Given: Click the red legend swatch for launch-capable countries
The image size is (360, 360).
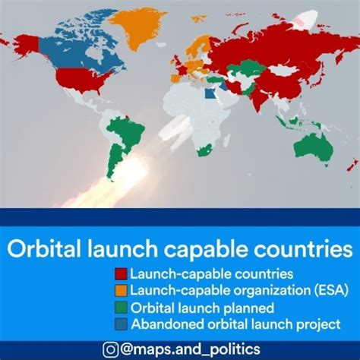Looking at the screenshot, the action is pos(121,274).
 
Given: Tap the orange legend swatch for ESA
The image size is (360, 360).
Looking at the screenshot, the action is pos(121,291).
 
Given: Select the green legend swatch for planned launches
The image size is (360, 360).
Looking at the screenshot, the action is pos(121,308).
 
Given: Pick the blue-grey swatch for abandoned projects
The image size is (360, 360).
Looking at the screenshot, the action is pos(121,324).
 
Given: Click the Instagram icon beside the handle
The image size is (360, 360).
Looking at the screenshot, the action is pos(111,349).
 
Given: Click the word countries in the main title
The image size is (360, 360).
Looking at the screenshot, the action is pos(302,249).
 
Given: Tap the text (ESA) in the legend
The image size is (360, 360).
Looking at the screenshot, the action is pos(331,291).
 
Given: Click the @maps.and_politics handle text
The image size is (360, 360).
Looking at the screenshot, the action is pos(190,349).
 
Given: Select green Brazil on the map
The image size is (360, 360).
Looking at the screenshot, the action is pos(128,131).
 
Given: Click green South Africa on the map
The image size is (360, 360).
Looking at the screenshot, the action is pos(204,150).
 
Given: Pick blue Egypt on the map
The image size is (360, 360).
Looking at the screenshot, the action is pos(210,94).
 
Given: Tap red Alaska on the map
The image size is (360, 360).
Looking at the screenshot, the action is pos(25,46).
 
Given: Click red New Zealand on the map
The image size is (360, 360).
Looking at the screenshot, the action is pos(351,166).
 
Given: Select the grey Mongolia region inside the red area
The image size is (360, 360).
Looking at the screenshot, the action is pos(286,69).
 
